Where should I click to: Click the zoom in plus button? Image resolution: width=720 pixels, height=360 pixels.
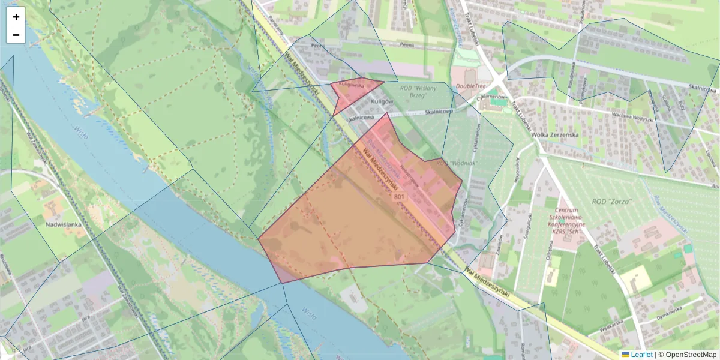tap(16, 17)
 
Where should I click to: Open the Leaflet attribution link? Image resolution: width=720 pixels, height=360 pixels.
tap(641, 355)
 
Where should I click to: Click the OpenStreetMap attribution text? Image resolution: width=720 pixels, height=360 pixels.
tap(690, 355)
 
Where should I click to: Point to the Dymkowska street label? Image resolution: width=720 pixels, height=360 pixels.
tap(671, 313)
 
